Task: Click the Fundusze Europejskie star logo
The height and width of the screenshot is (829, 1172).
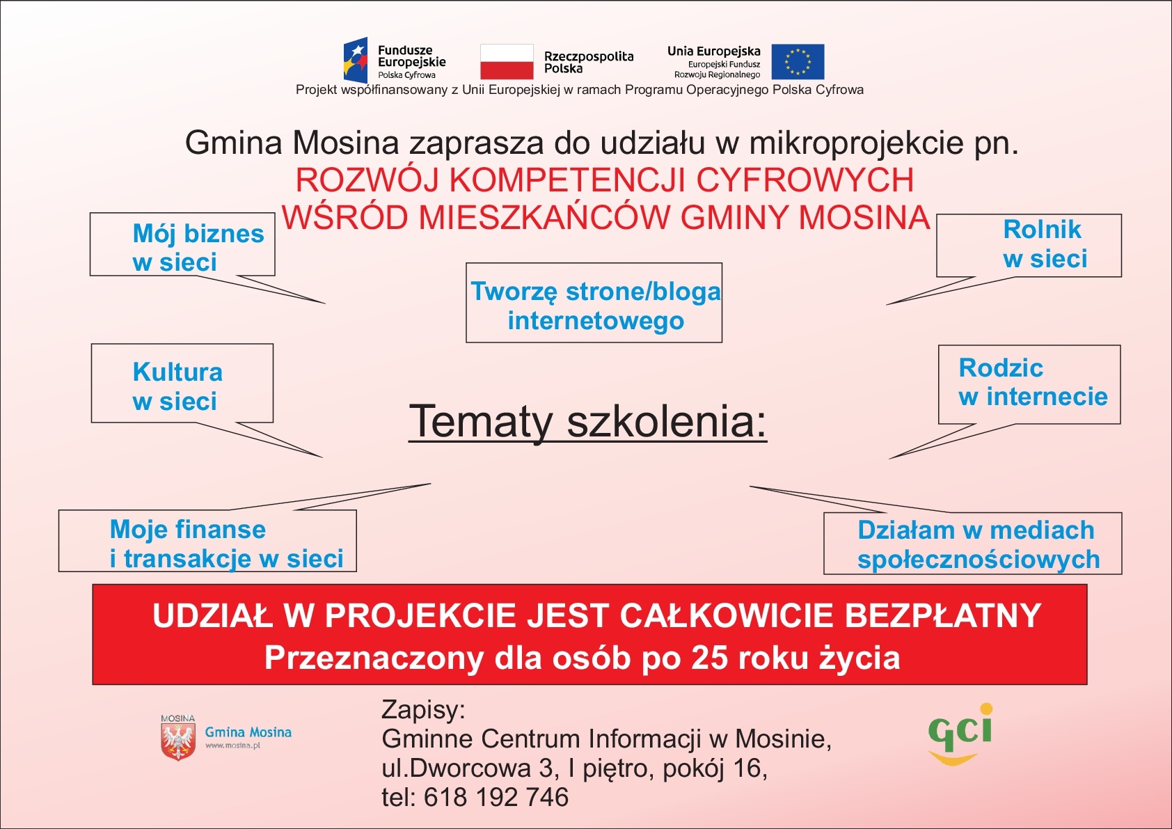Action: (x=355, y=60)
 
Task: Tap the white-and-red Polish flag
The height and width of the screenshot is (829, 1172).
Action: (x=507, y=62)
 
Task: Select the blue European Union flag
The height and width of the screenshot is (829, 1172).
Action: (x=798, y=62)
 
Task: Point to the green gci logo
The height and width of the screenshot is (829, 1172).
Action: (x=960, y=734)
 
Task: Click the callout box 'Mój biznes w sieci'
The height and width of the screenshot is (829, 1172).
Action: (x=182, y=244)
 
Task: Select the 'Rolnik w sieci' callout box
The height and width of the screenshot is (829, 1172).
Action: (x=1029, y=246)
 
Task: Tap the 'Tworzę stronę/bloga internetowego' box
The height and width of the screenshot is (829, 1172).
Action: (x=594, y=303)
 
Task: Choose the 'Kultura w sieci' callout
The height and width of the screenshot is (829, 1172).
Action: (x=182, y=383)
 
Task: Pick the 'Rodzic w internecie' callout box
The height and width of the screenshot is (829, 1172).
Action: (x=1029, y=384)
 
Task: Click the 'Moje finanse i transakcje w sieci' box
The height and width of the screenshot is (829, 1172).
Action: (x=207, y=541)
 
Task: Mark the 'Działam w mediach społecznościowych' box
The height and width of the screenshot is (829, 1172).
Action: (x=973, y=543)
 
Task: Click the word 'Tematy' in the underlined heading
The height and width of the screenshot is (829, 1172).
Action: (x=481, y=421)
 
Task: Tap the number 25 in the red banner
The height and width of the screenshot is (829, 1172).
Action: (x=709, y=658)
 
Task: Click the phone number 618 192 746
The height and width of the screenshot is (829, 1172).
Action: (x=496, y=797)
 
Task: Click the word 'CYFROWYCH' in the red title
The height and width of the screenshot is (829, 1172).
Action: (x=805, y=180)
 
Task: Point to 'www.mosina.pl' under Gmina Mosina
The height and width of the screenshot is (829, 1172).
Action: (x=232, y=745)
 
